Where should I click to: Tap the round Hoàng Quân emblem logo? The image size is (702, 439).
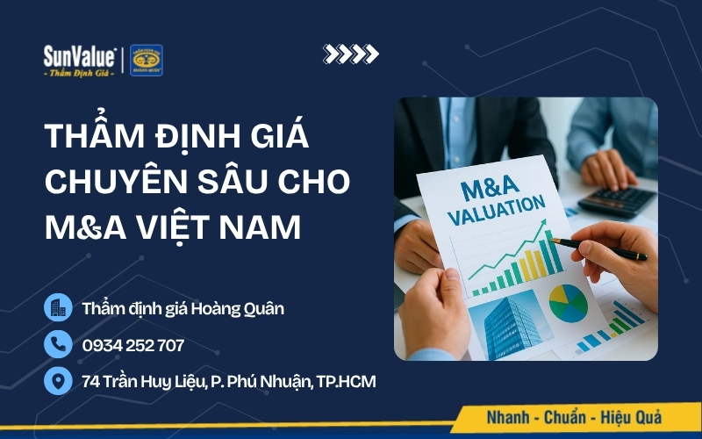tap(147, 60)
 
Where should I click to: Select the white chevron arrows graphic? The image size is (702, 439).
tap(351, 54)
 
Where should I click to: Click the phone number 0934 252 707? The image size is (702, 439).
tap(133, 345)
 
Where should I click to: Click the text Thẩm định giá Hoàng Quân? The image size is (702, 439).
tap(183, 308)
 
